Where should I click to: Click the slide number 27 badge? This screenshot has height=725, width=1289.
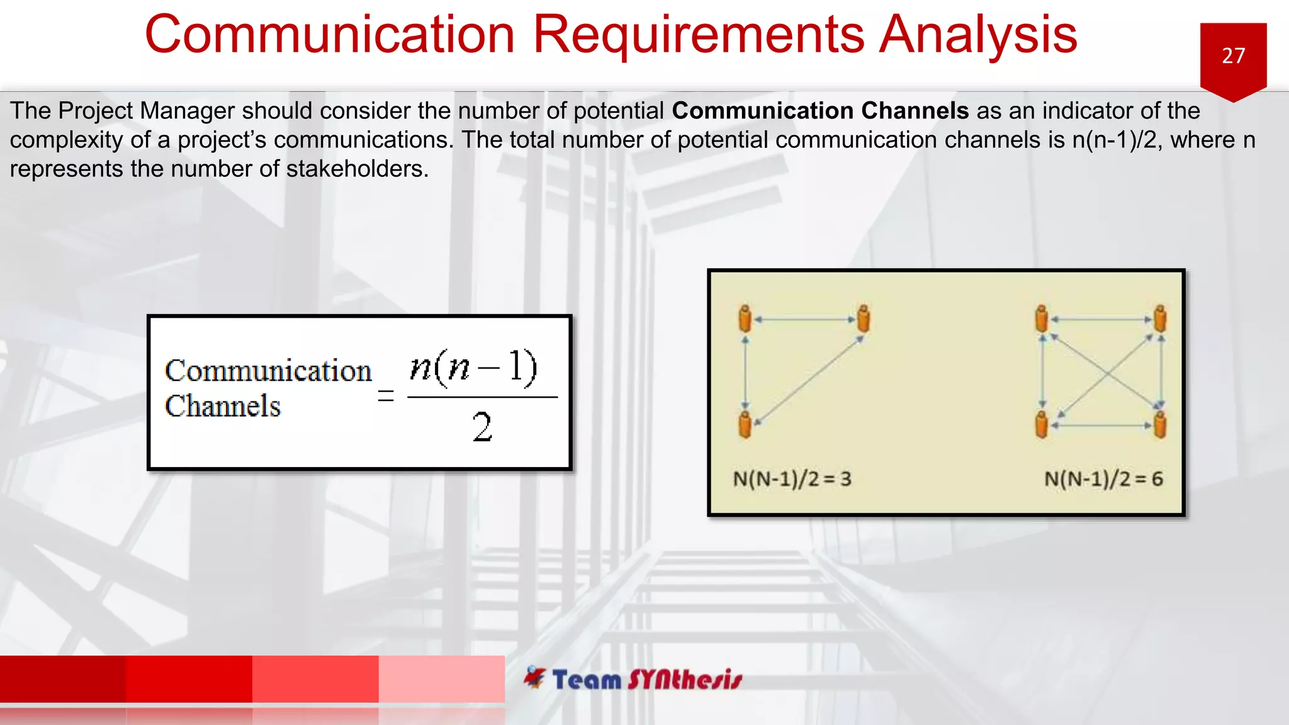tap(1233, 57)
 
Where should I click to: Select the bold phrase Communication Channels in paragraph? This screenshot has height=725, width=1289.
tap(820, 111)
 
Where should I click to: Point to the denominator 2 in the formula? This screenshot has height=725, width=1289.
tap(482, 427)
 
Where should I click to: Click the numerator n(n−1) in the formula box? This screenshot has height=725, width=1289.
tap(473, 367)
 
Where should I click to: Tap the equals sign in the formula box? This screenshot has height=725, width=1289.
tap(386, 396)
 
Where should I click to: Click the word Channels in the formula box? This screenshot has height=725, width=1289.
tap(223, 407)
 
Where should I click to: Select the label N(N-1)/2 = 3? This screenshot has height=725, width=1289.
tap(792, 479)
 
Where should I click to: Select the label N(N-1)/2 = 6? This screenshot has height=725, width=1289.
tap(1103, 479)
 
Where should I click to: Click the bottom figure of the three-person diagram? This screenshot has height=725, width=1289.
tap(745, 424)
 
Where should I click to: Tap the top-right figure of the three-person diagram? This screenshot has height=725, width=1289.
tap(864, 318)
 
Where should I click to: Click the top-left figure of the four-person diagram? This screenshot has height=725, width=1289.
tap(1042, 318)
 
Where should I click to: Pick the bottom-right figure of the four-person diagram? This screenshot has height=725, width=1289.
tap(1160, 424)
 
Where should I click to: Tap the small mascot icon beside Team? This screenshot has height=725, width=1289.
tap(535, 677)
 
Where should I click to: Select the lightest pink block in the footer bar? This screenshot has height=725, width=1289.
tap(441, 678)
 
